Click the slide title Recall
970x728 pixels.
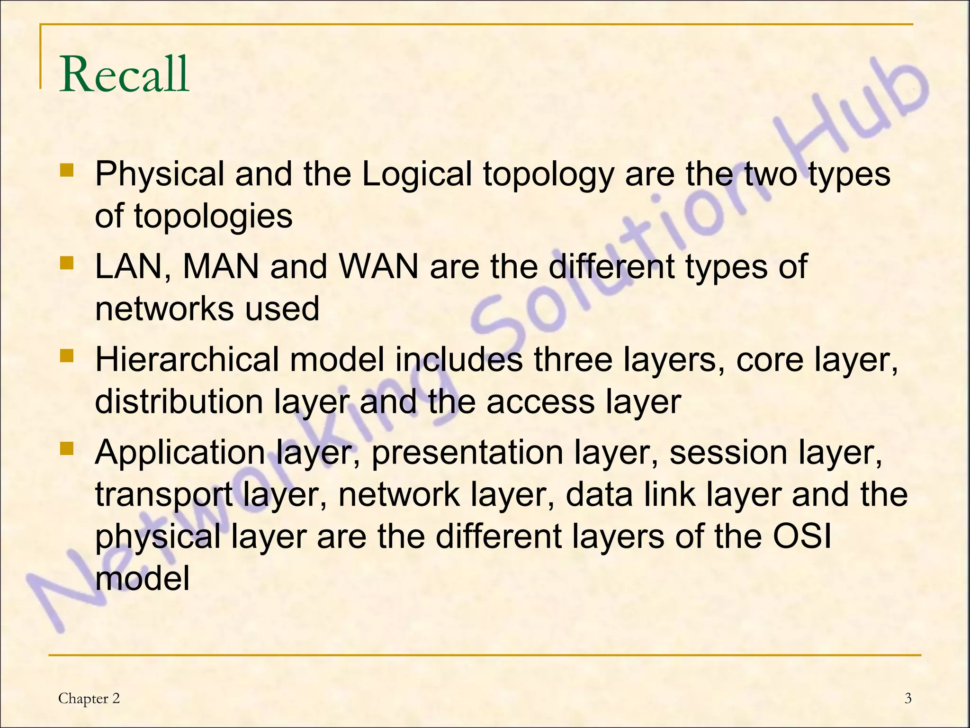point(124,74)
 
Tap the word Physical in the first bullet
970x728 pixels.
point(159,174)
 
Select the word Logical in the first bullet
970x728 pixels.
point(416,174)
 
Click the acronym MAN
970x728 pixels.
point(221,267)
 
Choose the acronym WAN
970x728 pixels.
point(379,267)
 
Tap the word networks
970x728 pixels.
point(164,309)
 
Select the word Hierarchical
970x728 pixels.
point(187,360)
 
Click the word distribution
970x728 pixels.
point(179,401)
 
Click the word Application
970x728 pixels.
point(180,453)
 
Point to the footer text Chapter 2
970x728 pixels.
point(89,699)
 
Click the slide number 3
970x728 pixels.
point(907,699)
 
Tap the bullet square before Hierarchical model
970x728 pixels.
point(67,355)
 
